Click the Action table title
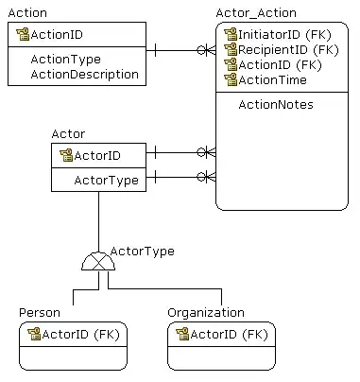[27, 13]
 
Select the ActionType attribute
[66, 60]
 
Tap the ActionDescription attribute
[85, 75]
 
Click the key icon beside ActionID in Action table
[23, 34]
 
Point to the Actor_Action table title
[256, 13]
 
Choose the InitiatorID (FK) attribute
[284, 35]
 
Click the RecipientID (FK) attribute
[288, 50]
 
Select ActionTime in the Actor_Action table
[273, 80]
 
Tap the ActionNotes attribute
[276, 105]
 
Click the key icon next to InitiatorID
[231, 34]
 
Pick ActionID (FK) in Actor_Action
[281, 65]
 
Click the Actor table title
[68, 134]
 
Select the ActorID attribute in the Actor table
[97, 156]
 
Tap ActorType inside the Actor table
[107, 181]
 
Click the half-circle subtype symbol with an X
[98, 261]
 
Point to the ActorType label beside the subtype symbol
[143, 252]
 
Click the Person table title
[40, 313]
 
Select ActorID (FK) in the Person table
[81, 335]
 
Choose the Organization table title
[206, 313]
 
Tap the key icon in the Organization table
[182, 334]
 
